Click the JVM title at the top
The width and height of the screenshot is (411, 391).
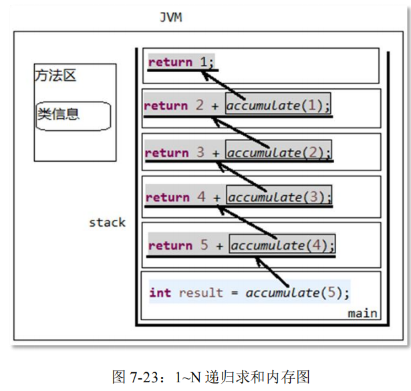(x=172, y=17)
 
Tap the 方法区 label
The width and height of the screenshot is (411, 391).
(x=55, y=75)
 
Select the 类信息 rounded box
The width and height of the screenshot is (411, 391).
(x=72, y=116)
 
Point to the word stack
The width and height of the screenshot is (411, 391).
(x=107, y=222)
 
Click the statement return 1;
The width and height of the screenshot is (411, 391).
(x=182, y=62)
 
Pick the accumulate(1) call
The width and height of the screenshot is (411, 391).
(x=278, y=105)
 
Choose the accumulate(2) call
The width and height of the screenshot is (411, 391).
(x=279, y=152)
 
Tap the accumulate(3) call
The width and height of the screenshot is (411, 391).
(x=279, y=197)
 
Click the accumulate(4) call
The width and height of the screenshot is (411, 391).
(x=282, y=245)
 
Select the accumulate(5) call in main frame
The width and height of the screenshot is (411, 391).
(x=297, y=293)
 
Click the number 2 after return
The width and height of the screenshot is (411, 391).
(x=199, y=105)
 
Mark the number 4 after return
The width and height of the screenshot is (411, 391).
(x=201, y=197)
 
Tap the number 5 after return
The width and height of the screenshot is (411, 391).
(x=204, y=245)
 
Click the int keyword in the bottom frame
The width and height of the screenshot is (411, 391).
(x=160, y=293)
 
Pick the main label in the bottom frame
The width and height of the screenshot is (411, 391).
(x=362, y=313)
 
